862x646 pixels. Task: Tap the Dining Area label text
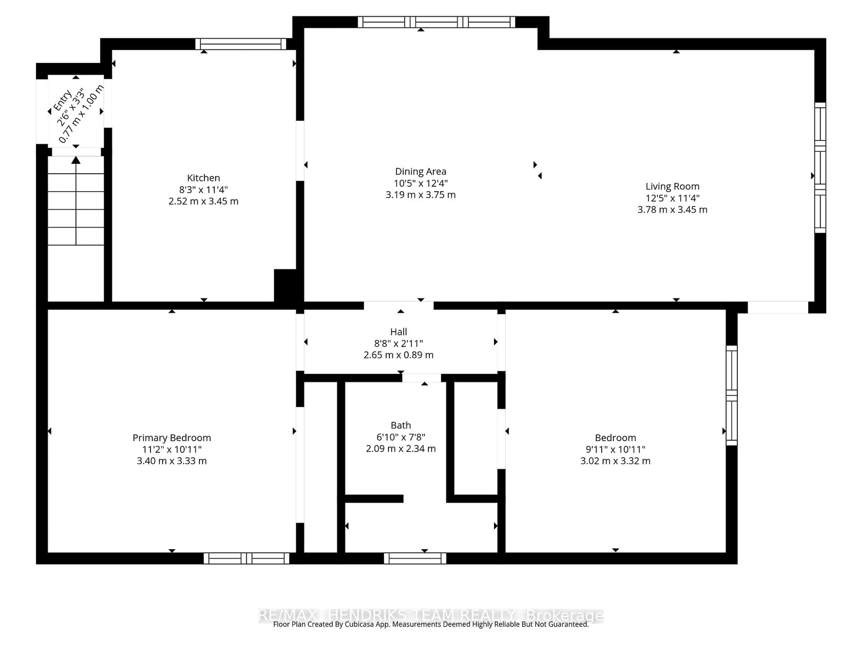pyautogui.click(x=420, y=171)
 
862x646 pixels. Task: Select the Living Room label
pyautogui.click(x=672, y=187)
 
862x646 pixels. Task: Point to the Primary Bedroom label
pyautogui.click(x=172, y=438)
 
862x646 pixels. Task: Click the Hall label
pyautogui.click(x=398, y=332)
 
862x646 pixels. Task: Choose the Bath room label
pyautogui.click(x=401, y=425)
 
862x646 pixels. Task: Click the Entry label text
pyautogui.click(x=62, y=100)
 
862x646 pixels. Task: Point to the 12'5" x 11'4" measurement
pyautogui.click(x=672, y=198)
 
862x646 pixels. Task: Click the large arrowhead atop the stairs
pyautogui.click(x=76, y=160)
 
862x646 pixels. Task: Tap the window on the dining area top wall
pyautogui.click(x=436, y=22)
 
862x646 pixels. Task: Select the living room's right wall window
pyautogui.click(x=820, y=167)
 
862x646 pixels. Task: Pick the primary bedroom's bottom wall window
pyautogui.click(x=246, y=558)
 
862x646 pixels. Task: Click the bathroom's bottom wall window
pyautogui.click(x=415, y=558)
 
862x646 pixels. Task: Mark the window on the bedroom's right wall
pyautogui.click(x=731, y=395)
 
